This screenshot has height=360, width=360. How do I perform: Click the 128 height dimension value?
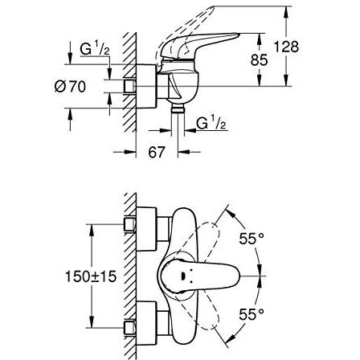[x=286, y=47]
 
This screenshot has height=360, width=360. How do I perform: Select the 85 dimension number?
[x=259, y=60]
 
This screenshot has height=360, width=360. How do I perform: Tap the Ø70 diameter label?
[x=70, y=87]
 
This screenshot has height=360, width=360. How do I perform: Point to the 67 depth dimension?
[x=156, y=152]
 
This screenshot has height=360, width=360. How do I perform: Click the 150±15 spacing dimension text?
[x=91, y=276]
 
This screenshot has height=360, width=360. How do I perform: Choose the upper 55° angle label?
[x=252, y=238]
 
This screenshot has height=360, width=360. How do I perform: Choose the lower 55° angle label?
[x=252, y=314]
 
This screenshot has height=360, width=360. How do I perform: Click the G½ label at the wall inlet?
[x=95, y=49]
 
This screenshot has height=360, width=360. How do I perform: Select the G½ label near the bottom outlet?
[x=211, y=123]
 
